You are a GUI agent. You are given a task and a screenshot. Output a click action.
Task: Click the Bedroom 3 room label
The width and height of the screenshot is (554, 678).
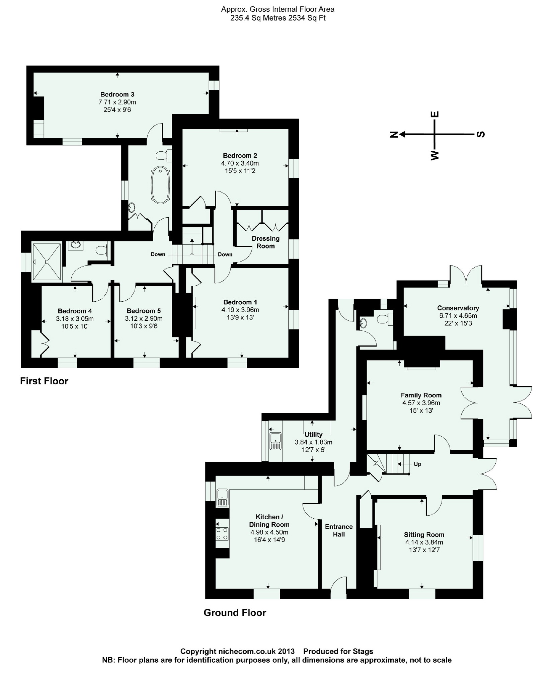[x=117, y=94]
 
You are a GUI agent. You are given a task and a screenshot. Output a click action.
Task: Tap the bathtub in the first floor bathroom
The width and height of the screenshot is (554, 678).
[x=161, y=185]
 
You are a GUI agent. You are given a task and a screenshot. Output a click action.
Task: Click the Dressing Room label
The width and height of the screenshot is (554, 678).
[x=265, y=242]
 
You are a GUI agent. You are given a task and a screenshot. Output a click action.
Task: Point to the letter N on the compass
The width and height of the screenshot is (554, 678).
[x=394, y=134]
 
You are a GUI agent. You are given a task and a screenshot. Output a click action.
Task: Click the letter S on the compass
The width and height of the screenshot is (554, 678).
[x=481, y=134]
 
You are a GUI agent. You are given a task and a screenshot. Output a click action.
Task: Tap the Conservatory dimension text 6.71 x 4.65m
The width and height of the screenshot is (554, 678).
[x=458, y=316]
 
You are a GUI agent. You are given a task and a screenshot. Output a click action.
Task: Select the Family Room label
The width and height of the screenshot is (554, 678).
[x=421, y=395]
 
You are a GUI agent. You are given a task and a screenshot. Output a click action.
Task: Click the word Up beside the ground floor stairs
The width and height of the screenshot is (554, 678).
[x=417, y=464]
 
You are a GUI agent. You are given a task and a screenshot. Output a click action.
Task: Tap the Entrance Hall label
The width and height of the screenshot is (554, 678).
[x=339, y=530]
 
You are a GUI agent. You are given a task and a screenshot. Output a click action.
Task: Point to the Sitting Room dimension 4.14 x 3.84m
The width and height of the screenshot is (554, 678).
[x=423, y=542]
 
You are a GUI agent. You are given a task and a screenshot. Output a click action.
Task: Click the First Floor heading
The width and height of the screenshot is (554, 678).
[x=44, y=381]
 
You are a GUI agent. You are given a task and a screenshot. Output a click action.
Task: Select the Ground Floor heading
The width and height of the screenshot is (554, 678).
[x=235, y=613]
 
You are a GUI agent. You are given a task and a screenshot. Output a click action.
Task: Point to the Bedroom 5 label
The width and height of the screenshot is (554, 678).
[x=144, y=311]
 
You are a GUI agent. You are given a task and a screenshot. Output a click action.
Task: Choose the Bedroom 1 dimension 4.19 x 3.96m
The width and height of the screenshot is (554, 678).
[x=240, y=310]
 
